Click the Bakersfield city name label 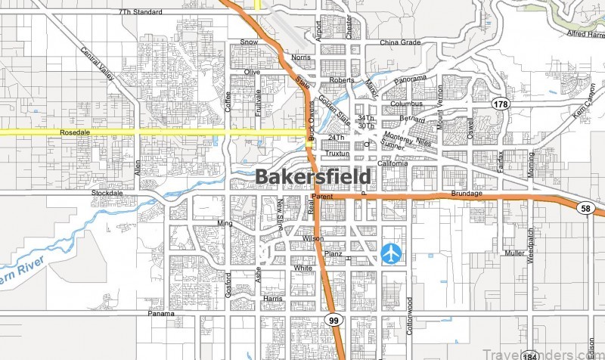coord(313,177)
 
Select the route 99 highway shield coord(334,321)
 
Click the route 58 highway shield coord(586,208)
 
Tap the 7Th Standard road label coord(141,13)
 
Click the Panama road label coord(160,313)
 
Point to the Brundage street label coord(467,194)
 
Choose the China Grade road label coord(400,43)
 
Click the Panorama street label coord(411,78)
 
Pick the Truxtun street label coord(337,154)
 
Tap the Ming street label coord(225,224)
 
